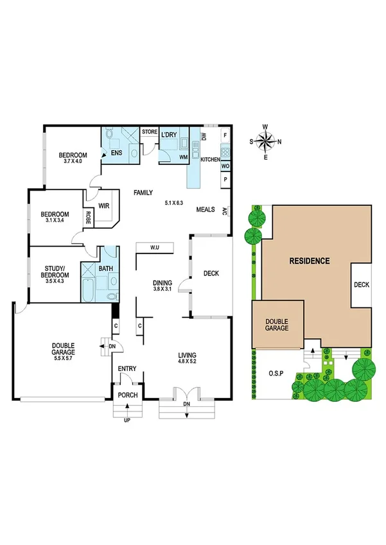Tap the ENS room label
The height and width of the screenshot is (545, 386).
click(116, 153)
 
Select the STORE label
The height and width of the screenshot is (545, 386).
click(149, 132)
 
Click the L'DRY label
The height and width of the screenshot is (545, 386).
click(169, 134)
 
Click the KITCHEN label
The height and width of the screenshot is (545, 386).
click(210, 159)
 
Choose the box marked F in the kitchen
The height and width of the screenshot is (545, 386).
click(225, 136)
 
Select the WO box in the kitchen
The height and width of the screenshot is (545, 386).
click(225, 166)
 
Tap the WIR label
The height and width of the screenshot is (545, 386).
click(104, 206)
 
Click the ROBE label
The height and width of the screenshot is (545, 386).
click(87, 218)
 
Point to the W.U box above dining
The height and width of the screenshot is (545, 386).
click(154, 247)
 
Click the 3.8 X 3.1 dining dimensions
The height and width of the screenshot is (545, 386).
click(162, 290)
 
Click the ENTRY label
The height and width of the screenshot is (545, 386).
click(127, 368)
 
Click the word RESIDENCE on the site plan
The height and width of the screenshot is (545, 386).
click(309, 261)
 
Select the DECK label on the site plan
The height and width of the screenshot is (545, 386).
click(361, 284)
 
